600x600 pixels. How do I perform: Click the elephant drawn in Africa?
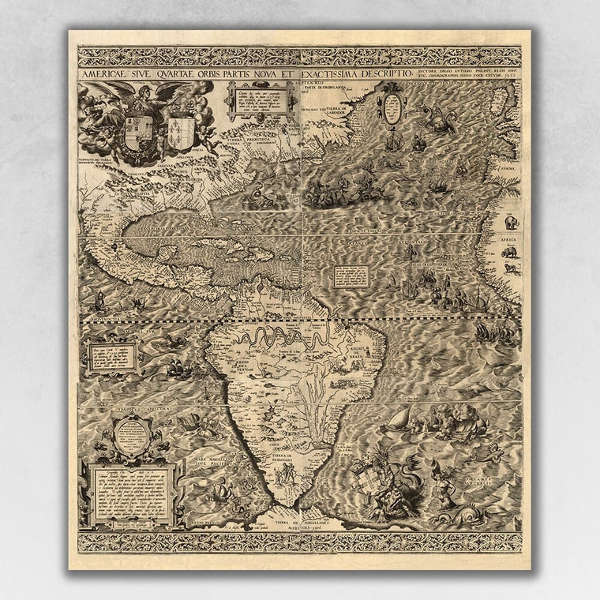tap(511, 223)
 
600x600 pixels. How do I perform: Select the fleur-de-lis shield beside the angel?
tap(181, 130)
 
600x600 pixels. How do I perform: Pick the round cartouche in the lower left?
tap(131, 438)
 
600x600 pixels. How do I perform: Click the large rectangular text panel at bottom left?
tap(131, 494)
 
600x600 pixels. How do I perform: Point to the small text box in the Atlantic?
tap(351, 276)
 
